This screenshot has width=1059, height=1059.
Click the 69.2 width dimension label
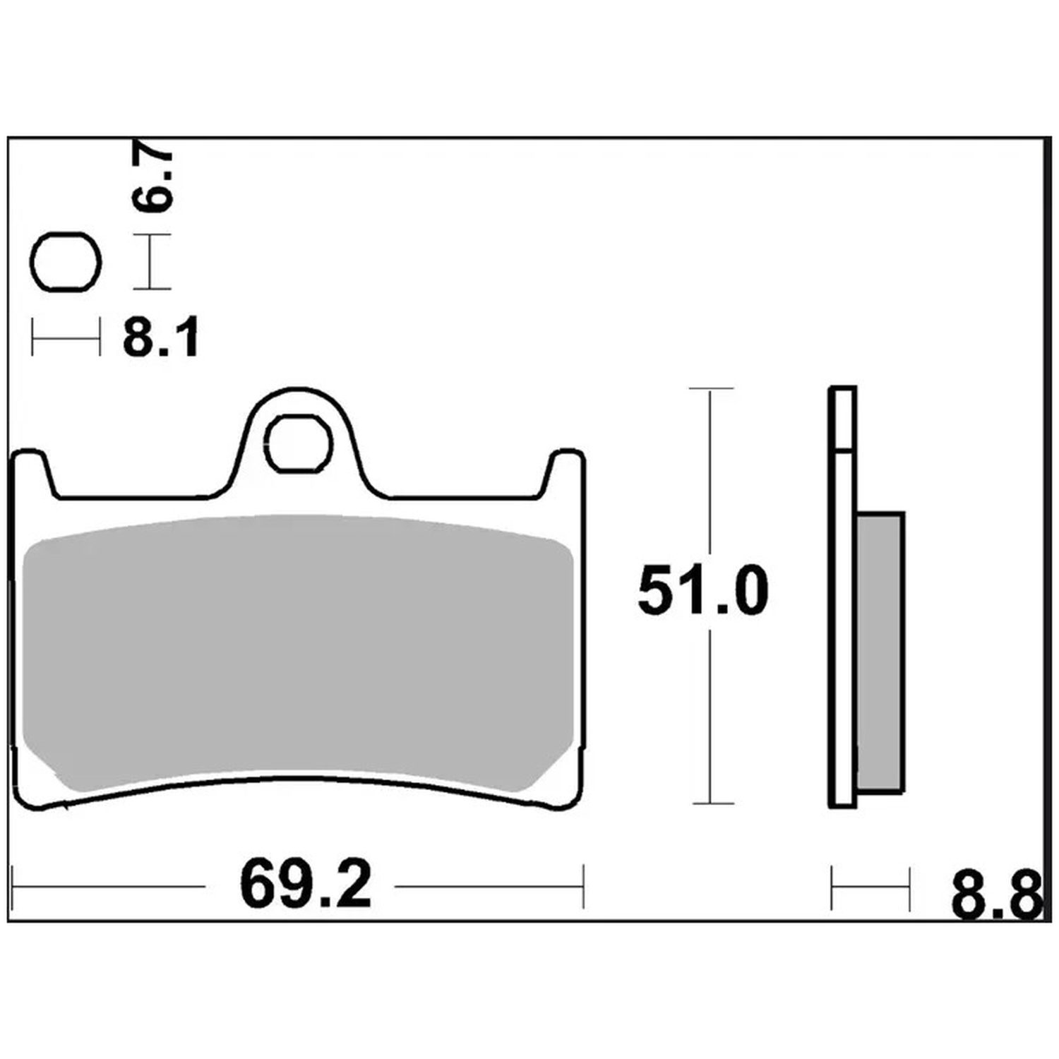pyautogui.click(x=305, y=884)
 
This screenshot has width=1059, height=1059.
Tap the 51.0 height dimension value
pyautogui.click(x=702, y=592)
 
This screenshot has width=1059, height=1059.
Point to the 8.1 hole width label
pyautogui.click(x=162, y=337)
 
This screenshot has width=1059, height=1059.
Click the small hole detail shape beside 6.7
pyautogui.click(x=67, y=261)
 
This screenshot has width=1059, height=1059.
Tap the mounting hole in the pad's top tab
pyautogui.click(x=299, y=443)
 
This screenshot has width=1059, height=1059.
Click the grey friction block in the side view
pyautogui.click(x=880, y=652)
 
